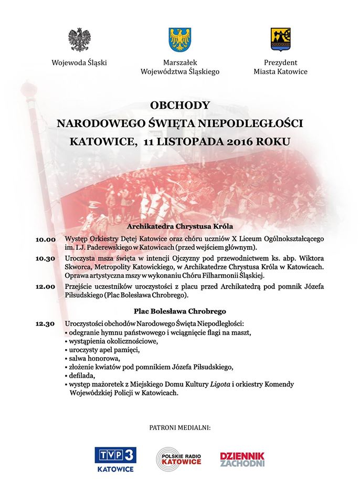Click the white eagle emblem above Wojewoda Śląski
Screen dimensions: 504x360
tap(79, 40)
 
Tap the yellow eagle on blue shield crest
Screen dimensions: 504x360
tap(180, 39)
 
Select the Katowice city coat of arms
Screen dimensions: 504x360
tap(280, 39)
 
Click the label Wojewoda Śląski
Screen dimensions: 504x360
tap(79, 62)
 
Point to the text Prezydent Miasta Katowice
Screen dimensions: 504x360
tap(280, 67)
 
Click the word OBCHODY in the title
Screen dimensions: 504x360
tap(180, 104)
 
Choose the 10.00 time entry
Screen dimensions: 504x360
tap(46, 239)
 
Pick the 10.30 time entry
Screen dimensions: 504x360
tap(46, 259)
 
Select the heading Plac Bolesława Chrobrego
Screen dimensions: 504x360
tap(180, 311)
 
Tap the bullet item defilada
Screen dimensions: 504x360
tap(80, 375)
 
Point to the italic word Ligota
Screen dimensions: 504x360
tap(205, 384)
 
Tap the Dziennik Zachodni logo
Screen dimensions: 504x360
tap(242, 459)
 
